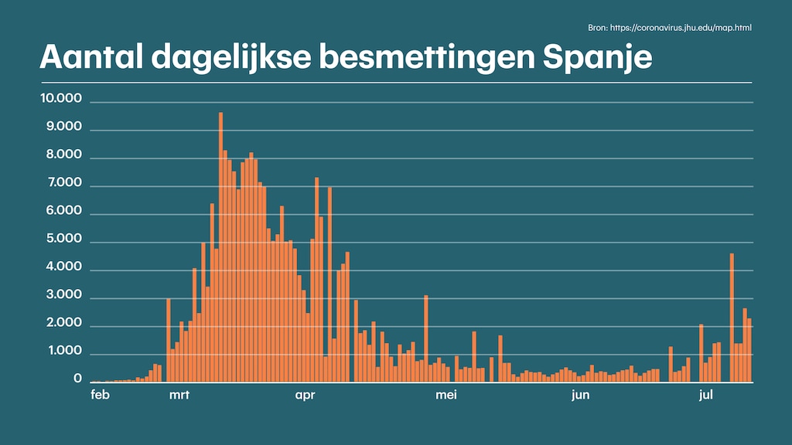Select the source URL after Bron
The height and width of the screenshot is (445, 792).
(681, 28)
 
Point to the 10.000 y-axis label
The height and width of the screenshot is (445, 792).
(64, 99)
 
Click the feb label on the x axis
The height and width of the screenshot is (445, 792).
(99, 396)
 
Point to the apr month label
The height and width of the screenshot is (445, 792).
(307, 396)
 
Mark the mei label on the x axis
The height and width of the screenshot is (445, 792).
(446, 396)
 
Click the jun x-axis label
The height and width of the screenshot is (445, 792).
(581, 396)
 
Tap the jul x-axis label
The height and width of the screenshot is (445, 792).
(705, 396)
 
